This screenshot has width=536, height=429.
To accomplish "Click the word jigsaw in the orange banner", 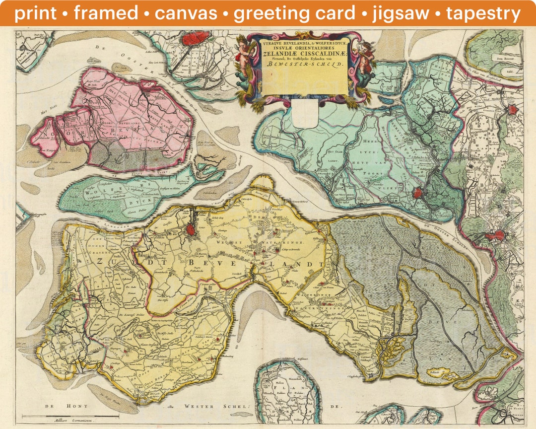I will [x=401, y=13].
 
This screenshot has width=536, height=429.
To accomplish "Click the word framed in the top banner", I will [x=106, y=13].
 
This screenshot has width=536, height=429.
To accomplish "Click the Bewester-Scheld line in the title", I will [x=304, y=64].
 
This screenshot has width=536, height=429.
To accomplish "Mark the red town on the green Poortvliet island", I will [x=417, y=193].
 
